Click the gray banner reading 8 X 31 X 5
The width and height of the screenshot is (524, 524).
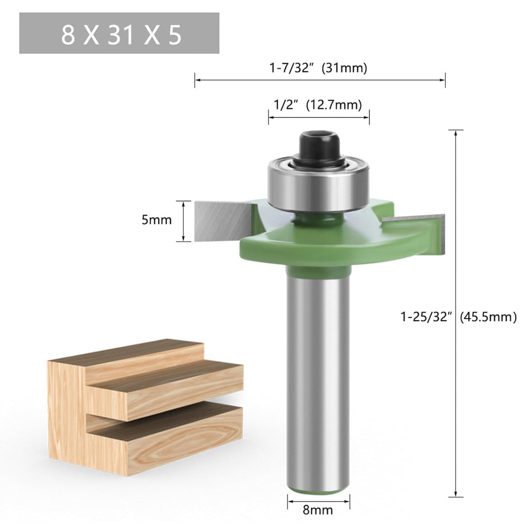pos(119,33)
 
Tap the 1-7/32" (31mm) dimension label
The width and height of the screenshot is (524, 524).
pos(318,68)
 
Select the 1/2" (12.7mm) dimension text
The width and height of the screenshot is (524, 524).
pos(318,105)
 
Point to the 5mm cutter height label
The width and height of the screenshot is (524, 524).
pos(156,220)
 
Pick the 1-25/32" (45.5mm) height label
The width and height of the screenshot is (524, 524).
pos(458,316)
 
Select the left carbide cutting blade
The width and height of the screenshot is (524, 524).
pos(223,221)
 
